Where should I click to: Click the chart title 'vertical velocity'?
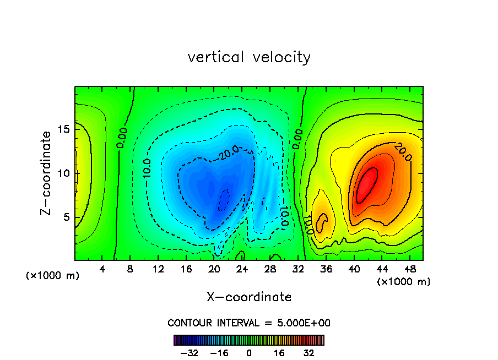[x=249, y=57]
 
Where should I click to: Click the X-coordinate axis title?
[x=249, y=297]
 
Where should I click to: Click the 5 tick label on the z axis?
[x=66, y=217]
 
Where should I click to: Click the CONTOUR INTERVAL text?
[x=249, y=323]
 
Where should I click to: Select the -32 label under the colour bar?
[x=188, y=353]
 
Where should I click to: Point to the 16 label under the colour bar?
[x=279, y=353]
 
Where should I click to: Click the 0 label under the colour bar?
[x=249, y=353]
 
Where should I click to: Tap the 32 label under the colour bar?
[x=309, y=353]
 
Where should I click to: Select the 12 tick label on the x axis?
[x=159, y=269]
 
